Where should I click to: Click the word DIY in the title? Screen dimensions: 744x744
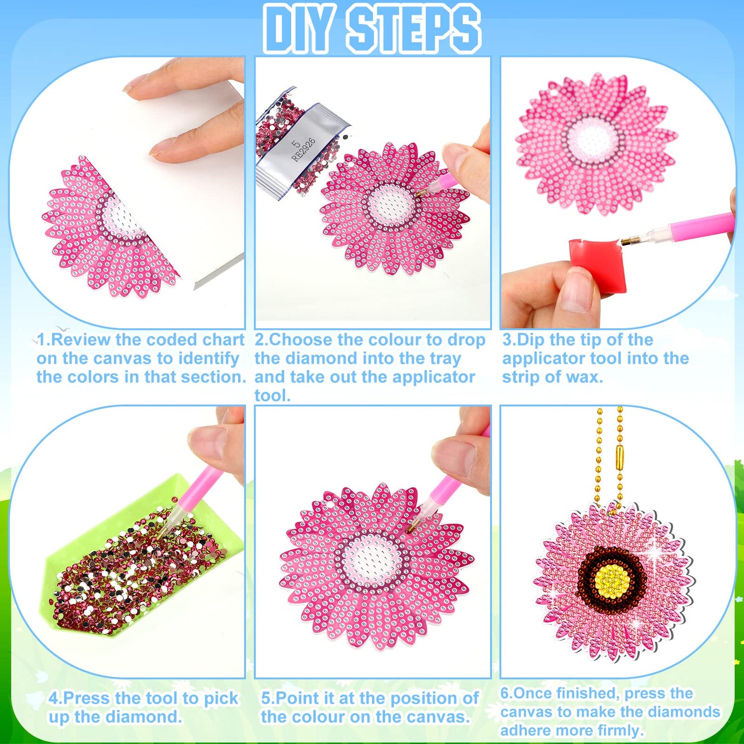click(297, 28)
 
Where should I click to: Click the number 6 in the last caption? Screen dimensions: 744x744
click(505, 693)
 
